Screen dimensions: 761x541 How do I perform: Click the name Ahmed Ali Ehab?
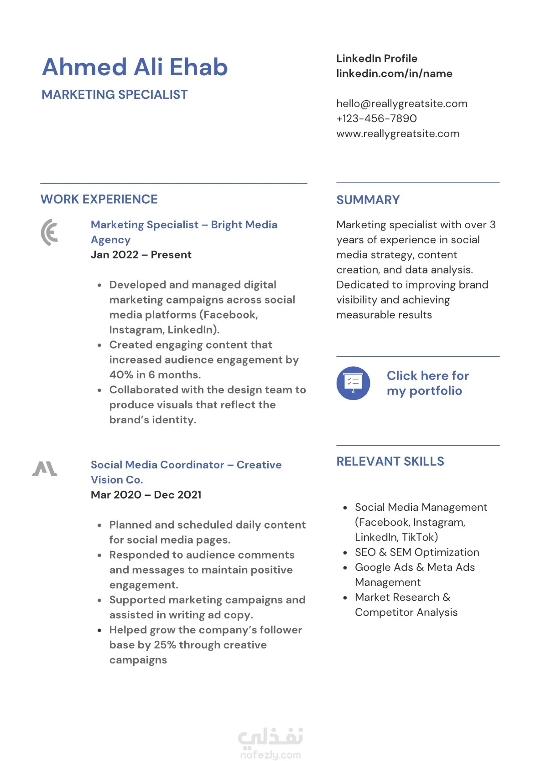(135, 67)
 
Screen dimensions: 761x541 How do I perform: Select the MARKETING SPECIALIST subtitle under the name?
(114, 95)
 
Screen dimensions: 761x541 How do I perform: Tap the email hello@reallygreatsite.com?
(401, 103)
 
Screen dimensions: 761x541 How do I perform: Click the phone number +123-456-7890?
(376, 118)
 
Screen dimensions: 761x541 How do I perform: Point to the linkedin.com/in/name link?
(394, 73)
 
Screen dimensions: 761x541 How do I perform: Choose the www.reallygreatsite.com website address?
(398, 134)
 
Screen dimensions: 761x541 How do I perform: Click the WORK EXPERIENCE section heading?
(99, 199)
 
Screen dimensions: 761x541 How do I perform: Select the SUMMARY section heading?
(368, 200)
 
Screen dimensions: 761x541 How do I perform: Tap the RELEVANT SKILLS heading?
(390, 462)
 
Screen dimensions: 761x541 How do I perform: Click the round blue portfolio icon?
(353, 383)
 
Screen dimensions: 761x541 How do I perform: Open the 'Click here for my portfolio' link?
(427, 383)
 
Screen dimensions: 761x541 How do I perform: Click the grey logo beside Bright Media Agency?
(50, 232)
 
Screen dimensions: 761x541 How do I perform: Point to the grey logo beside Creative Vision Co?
(45, 469)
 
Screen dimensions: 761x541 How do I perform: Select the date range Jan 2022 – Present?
(141, 255)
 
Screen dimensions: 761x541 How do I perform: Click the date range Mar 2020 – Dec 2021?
(146, 495)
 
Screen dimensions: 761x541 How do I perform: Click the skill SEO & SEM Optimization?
(417, 552)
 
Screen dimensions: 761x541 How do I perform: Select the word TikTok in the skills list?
(419, 537)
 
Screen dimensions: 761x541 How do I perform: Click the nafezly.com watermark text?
(270, 755)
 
